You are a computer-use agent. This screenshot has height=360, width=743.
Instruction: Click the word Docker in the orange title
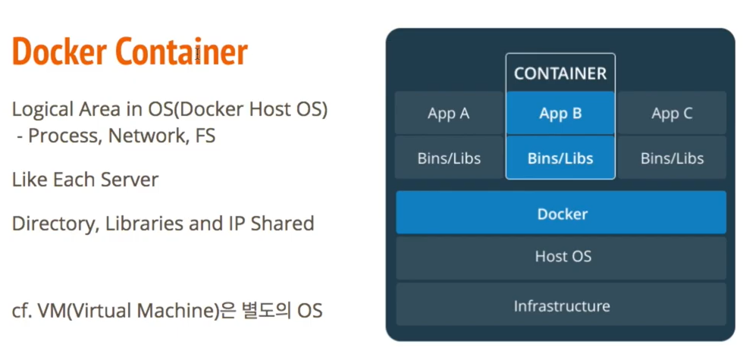coord(61,52)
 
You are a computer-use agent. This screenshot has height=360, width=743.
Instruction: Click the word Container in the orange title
coord(182,52)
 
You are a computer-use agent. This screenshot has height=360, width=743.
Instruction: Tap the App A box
coord(448,114)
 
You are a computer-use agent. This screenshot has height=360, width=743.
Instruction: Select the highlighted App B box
coord(560,114)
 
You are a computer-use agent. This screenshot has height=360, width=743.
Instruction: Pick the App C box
coord(672,114)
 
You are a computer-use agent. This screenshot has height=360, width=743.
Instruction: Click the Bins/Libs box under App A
coord(449,158)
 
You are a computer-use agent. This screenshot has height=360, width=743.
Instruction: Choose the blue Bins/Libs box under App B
coord(560,158)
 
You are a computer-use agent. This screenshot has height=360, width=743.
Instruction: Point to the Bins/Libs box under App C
coord(672,158)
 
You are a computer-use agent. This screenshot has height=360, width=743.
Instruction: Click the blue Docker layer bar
coord(562,214)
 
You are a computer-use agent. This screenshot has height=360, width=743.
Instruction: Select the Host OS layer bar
coord(562,257)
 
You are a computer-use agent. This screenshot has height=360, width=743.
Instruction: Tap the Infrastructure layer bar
coord(562,305)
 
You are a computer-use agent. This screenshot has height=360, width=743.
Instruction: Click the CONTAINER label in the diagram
coord(560,74)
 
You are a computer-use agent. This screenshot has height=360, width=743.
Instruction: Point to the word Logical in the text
coord(40,109)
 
